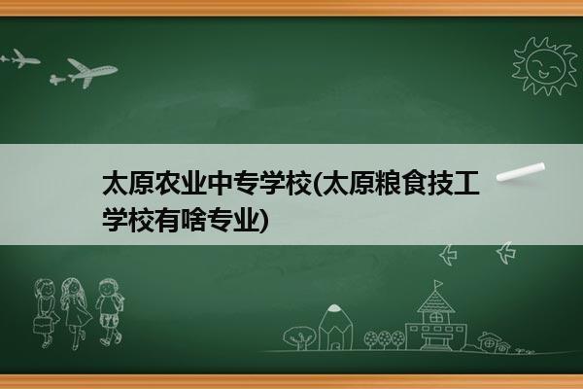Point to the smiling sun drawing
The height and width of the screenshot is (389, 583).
545,66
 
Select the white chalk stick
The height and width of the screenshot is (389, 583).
521,172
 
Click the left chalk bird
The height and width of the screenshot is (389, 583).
448,255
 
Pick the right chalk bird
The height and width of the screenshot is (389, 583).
505,253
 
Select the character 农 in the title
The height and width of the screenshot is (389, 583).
167,183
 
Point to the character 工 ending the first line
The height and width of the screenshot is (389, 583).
465,183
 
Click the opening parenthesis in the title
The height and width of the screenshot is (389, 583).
317,184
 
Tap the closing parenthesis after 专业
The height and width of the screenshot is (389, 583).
263,221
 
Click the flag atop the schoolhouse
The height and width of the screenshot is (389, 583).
439,284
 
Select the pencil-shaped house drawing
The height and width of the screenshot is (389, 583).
335,328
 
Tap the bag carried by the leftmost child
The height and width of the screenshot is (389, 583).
41,325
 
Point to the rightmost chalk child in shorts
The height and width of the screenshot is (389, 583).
110,312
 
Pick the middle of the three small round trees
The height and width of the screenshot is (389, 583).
384,339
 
